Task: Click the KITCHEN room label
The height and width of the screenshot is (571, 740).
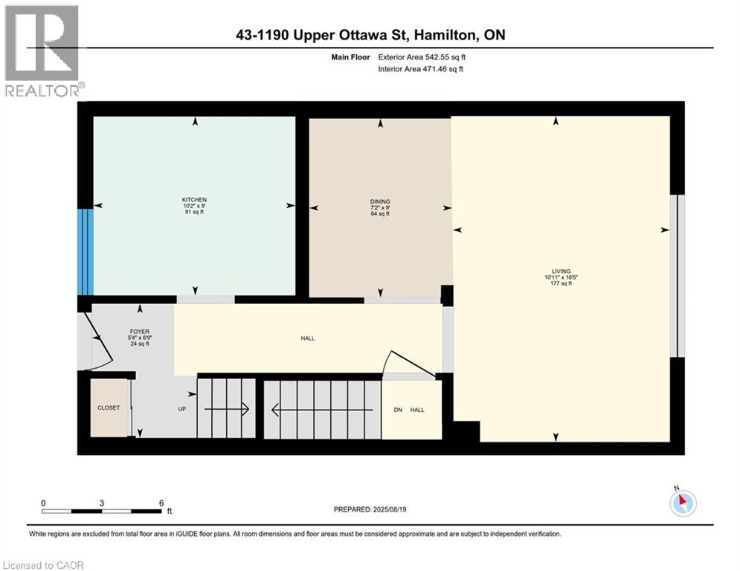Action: (194, 199)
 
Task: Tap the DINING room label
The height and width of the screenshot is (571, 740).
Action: (380, 201)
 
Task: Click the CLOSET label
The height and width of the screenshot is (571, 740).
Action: (109, 408)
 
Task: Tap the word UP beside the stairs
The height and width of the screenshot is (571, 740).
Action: (181, 409)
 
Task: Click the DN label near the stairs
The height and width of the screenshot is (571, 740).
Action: (398, 409)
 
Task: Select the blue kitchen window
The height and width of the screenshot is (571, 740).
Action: (86, 251)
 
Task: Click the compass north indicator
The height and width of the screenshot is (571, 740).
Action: (682, 502)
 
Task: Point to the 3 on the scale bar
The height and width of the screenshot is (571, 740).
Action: (102, 502)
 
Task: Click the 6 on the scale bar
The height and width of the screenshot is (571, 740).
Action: (161, 502)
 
